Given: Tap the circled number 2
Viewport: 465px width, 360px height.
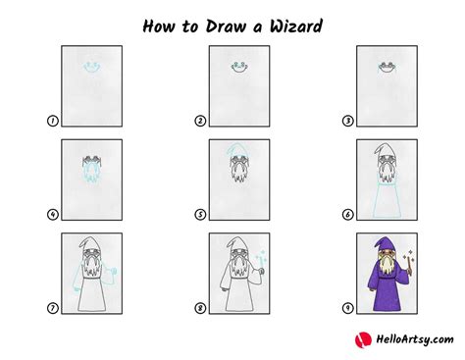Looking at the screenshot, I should [199, 122].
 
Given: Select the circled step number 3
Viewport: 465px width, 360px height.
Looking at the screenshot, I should [346, 122].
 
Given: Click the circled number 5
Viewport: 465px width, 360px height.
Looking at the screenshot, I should [199, 214].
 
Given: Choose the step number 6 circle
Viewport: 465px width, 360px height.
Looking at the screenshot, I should [346, 214].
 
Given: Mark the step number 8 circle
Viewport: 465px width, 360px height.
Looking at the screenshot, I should [199, 306].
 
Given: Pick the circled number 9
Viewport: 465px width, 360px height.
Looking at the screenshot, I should [346, 306].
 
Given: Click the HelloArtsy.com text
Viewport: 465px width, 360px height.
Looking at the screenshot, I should [409, 339].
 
